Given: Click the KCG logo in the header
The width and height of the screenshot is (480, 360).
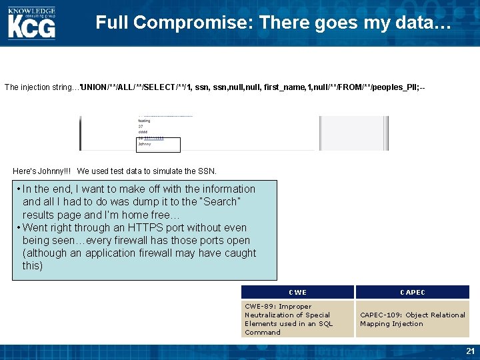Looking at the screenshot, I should tap(31, 27).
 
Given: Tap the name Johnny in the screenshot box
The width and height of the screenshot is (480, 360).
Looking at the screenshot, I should tap(145, 144).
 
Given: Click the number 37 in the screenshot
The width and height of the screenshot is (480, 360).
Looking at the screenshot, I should tap(141, 126).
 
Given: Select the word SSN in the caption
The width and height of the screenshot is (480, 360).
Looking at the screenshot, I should tap(207, 171).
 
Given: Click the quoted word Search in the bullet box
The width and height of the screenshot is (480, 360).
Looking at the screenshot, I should tap(221, 201).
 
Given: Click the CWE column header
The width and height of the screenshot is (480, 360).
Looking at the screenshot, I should tap(297, 292).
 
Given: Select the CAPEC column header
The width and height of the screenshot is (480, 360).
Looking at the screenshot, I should tap(412, 292).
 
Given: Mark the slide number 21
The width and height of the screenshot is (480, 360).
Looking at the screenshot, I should tap(471, 351).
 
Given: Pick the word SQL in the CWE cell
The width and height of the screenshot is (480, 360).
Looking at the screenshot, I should tap(325, 324).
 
